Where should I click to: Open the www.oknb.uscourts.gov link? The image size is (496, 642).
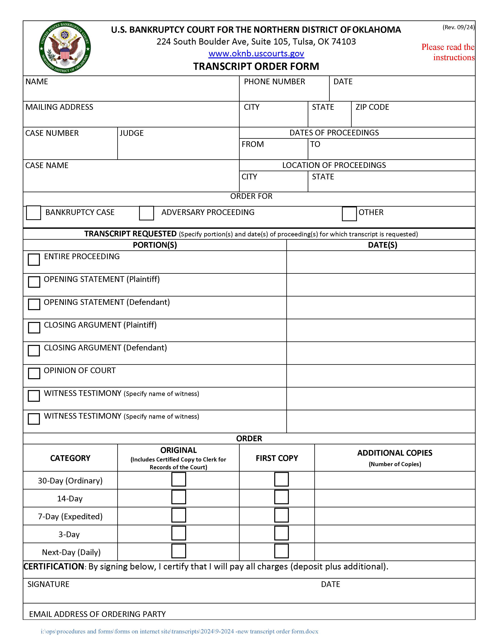[x=256, y=53]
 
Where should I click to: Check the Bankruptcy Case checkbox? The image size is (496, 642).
[x=33, y=212]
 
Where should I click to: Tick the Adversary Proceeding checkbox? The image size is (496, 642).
[x=146, y=213]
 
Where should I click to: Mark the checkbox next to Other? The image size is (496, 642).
[x=349, y=214]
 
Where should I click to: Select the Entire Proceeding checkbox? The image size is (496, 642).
[x=34, y=260]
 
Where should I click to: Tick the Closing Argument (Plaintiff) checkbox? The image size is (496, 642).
[x=34, y=327]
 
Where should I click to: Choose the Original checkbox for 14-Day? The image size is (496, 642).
[x=179, y=497]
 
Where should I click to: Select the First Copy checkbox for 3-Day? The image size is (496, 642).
[x=281, y=533]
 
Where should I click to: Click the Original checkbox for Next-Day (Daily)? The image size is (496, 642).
[x=179, y=551]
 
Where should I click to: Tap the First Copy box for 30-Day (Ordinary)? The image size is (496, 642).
[x=281, y=479]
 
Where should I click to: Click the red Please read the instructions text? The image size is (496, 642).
[x=448, y=52]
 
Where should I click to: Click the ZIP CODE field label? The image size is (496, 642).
[x=372, y=107]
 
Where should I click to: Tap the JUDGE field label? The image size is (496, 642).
[x=131, y=133]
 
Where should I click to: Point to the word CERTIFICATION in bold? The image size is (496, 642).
[x=54, y=567]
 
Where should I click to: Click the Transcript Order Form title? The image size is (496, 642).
[x=256, y=66]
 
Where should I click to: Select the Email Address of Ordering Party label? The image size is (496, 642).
[x=97, y=614]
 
